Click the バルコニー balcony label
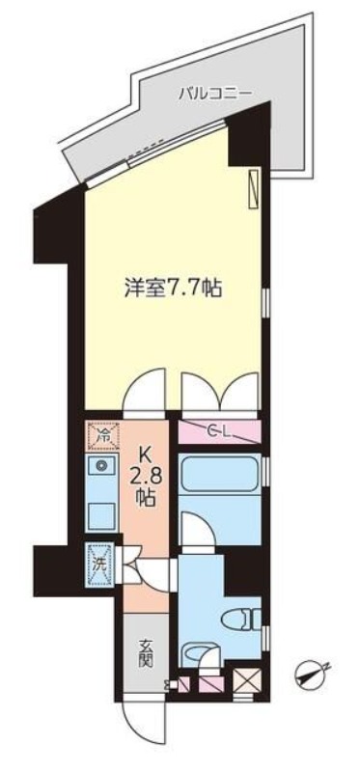215,92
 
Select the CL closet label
219,431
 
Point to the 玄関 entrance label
145,653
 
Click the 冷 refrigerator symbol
102,435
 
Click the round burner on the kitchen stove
101,464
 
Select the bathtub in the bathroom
220,473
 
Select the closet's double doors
220,392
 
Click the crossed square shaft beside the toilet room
244,682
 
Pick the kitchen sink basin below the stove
101,515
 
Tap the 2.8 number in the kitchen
145,477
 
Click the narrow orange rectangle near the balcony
254,189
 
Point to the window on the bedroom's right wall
265,303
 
